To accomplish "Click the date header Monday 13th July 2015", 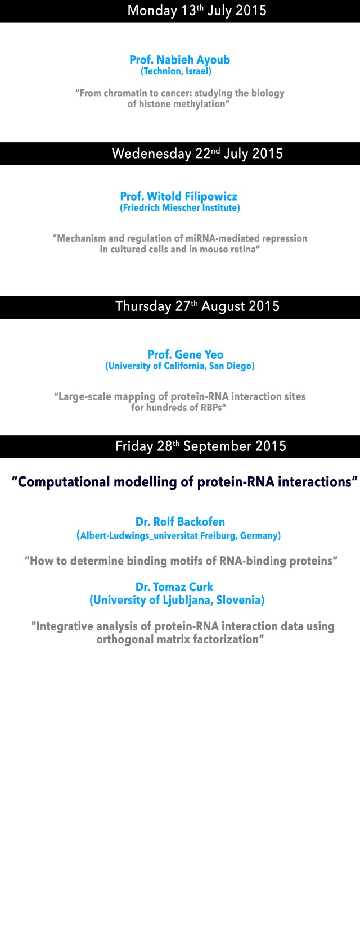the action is pyautogui.click(x=197, y=11).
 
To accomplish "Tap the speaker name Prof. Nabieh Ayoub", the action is pyautogui.click(x=180, y=60).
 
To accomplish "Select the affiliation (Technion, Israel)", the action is pyautogui.click(x=176, y=71).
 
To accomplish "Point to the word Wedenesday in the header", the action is pyautogui.click(x=152, y=154).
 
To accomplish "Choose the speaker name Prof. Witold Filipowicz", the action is pyautogui.click(x=178, y=196).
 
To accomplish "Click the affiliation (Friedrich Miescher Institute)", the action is pyautogui.click(x=180, y=207).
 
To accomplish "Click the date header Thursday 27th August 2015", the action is pyautogui.click(x=197, y=306).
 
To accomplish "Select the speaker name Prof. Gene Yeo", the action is pyautogui.click(x=186, y=354).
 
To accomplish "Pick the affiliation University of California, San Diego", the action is pyautogui.click(x=180, y=366).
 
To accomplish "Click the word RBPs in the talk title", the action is pyautogui.click(x=211, y=408).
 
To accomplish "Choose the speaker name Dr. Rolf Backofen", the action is pyautogui.click(x=180, y=522).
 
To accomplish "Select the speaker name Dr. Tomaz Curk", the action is pyautogui.click(x=174, y=587).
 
